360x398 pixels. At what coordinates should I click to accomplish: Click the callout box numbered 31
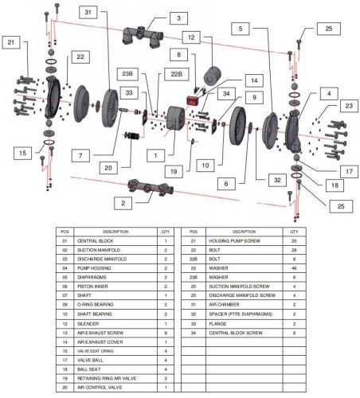[88, 12]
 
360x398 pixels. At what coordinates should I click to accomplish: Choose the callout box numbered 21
[11, 42]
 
